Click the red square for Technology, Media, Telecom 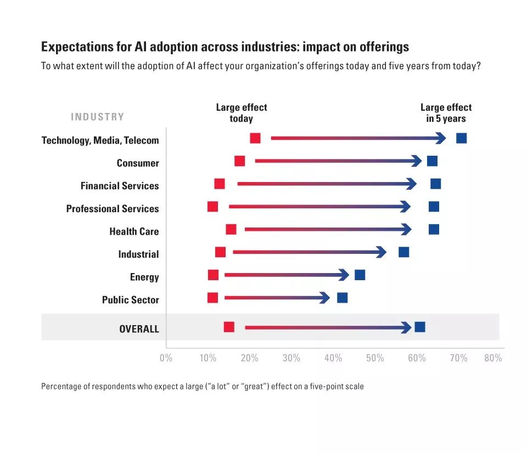[255, 138]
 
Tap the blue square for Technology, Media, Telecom [461, 138]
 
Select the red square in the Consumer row [239, 161]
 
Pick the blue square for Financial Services [435, 184]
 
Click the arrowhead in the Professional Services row [406, 207]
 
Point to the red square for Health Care [231, 229]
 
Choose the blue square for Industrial [403, 252]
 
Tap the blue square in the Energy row [360, 275]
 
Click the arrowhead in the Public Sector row [325, 298]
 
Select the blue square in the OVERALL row [420, 327]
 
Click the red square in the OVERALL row [229, 327]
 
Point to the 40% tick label [333, 359]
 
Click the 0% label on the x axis [166, 359]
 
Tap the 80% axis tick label [493, 359]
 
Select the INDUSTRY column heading [98, 117]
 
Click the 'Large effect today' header [242, 113]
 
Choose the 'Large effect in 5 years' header [446, 113]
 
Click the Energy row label [144, 277]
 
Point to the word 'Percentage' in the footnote [60, 387]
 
